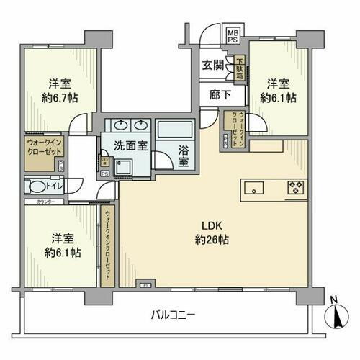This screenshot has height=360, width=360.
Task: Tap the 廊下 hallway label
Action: click(x=212, y=94)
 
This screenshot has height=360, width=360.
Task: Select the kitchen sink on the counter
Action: click(x=256, y=188)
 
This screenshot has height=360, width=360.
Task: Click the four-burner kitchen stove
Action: click(x=295, y=188)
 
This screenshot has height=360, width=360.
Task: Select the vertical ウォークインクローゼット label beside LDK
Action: click(x=108, y=245)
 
